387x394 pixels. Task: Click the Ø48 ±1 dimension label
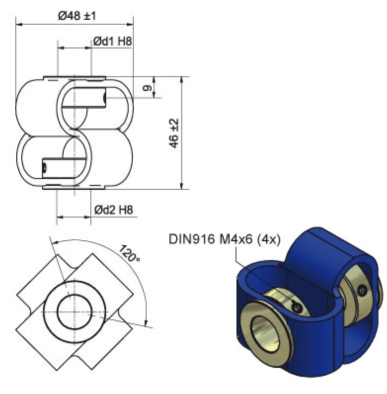pos(77,16)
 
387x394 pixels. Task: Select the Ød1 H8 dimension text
pos(113,42)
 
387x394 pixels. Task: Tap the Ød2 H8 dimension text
pos(114,210)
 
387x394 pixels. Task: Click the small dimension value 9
pos(147,88)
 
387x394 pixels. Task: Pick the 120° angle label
pos(129,253)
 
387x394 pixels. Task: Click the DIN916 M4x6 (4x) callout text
pos(224,239)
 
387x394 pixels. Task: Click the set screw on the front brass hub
pos(297,307)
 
